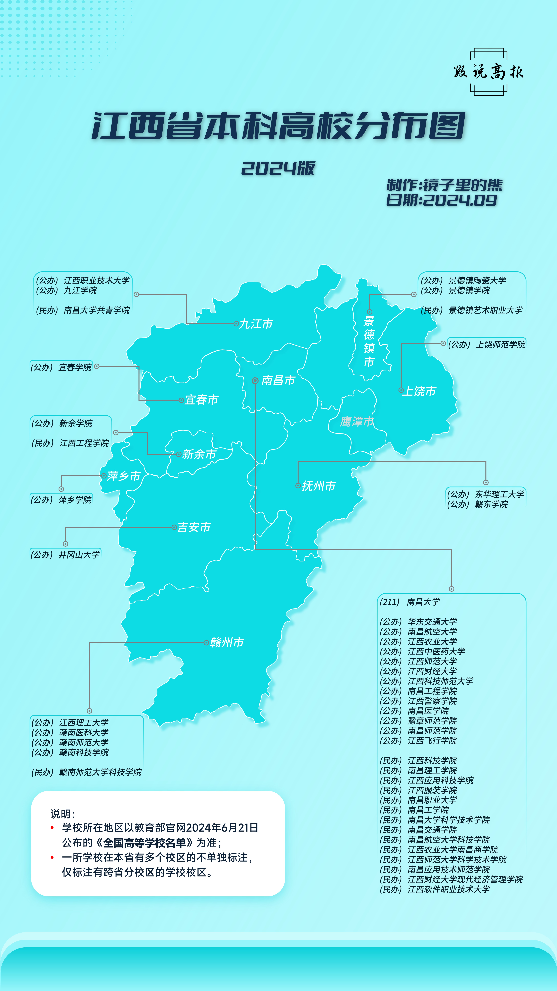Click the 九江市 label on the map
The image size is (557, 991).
256,324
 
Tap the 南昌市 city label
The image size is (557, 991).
278,380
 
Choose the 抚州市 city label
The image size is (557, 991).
319,486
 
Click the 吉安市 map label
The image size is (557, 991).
194,527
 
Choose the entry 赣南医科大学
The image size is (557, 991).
84,732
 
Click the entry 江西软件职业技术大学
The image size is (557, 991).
449,889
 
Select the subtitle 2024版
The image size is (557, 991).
278,168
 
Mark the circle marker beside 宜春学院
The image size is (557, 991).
97,366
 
